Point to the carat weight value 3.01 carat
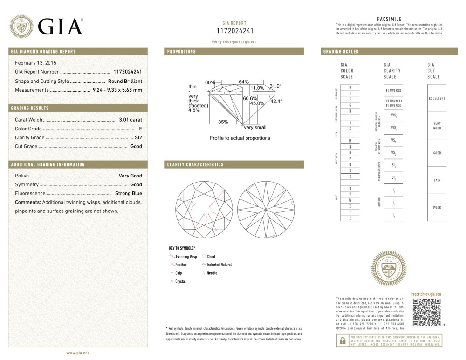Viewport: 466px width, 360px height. [x=130, y=120]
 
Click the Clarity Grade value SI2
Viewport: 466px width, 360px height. [x=138, y=137]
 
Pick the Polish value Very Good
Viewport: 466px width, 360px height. [x=130, y=176]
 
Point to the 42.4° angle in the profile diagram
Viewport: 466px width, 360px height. [x=276, y=101]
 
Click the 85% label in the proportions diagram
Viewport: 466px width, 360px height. [x=223, y=122]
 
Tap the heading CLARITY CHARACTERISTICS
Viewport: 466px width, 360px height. [x=195, y=165]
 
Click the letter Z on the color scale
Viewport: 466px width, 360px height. [x=350, y=218]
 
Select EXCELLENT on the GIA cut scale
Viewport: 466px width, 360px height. [x=437, y=98]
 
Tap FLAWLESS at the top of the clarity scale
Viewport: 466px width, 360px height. [x=393, y=91]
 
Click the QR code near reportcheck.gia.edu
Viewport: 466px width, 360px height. [x=427, y=312]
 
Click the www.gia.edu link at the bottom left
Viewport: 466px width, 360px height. [x=78, y=353]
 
